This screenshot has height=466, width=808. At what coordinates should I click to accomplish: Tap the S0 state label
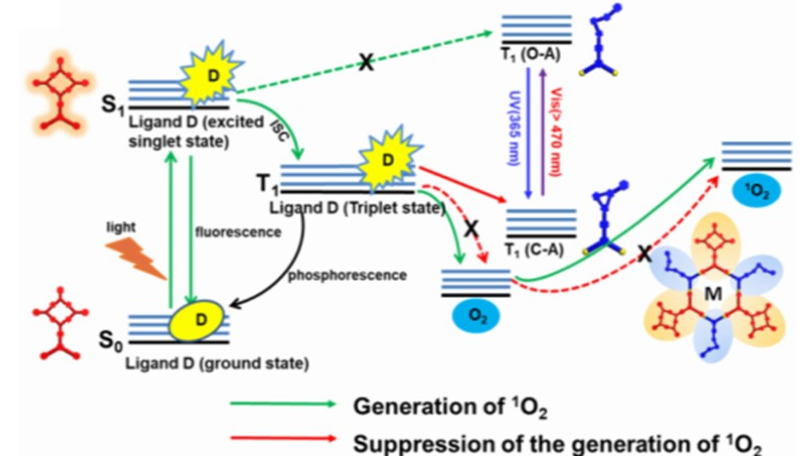pos(111,340)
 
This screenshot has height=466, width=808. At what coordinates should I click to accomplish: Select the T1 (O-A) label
pos(531,54)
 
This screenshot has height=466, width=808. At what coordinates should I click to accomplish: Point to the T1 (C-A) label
pos(534,250)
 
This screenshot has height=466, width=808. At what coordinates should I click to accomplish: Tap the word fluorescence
pos(238,232)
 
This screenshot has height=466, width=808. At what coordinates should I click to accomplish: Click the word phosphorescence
pos(347,275)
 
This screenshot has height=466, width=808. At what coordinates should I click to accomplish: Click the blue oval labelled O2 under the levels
pos(476,316)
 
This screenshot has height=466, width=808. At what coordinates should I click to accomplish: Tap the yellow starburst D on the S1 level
pos(213,76)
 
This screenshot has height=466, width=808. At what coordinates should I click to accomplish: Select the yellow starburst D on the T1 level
pos(388,161)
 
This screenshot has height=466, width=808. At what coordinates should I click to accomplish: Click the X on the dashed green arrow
pos(366,62)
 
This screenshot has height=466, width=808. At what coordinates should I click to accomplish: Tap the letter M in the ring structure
pos(713,293)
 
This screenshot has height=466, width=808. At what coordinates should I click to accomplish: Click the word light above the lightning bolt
pos(121,227)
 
